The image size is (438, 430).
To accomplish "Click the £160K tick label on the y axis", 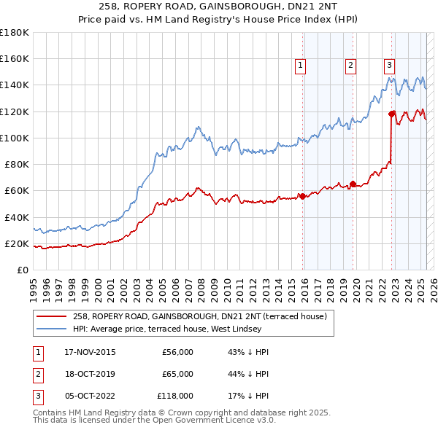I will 15,58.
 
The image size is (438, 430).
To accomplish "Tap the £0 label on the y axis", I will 23,270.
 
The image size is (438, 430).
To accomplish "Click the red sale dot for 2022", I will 392,114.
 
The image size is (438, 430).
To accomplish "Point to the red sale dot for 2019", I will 353,184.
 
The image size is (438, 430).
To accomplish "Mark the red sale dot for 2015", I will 302,196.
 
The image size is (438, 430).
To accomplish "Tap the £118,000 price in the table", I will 176,396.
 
